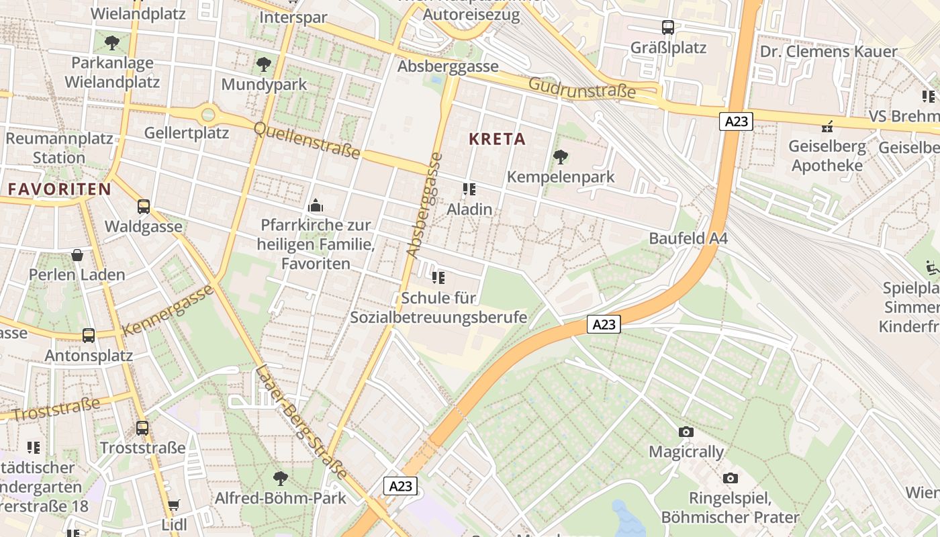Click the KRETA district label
click(497, 140)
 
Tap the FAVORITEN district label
click(59, 189)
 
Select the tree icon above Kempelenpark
click(560, 158)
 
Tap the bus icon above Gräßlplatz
click(668, 28)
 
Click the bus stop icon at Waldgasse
click(144, 207)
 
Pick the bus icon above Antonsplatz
click(89, 336)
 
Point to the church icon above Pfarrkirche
click(315, 205)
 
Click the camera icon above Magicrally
click(686, 432)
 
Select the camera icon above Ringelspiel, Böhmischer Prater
click(731, 479)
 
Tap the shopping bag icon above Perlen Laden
click(77, 255)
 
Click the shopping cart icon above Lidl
click(173, 505)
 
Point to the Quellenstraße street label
click(307, 140)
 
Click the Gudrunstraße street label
click(581, 88)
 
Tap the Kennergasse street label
click(169, 310)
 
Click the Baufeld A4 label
click(688, 238)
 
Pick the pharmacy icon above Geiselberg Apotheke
click(827, 126)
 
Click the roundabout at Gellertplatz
click(208, 115)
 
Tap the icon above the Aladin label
click(469, 190)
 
